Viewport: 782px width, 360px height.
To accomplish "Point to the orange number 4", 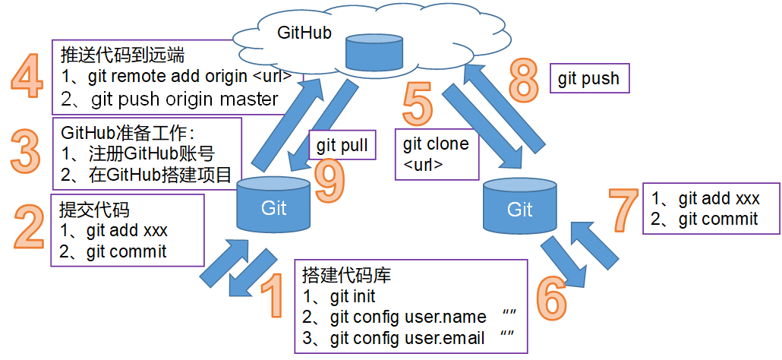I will (28, 78).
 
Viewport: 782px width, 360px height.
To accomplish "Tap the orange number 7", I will (625, 210).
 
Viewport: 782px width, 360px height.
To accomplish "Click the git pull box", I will (343, 145).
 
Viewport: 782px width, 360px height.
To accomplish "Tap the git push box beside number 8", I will (588, 77).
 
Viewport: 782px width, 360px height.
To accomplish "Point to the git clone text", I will (435, 144).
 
